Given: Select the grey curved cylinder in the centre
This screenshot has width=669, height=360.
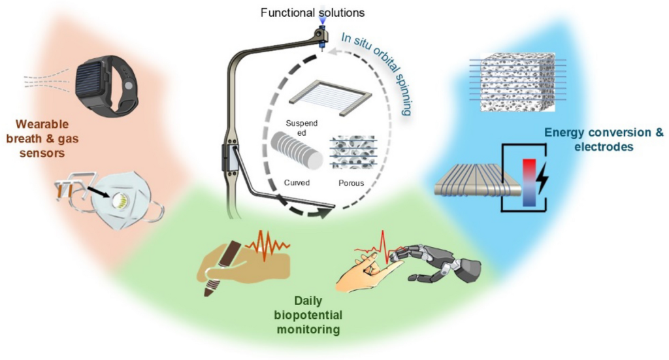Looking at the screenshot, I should pyautogui.click(x=298, y=151).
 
